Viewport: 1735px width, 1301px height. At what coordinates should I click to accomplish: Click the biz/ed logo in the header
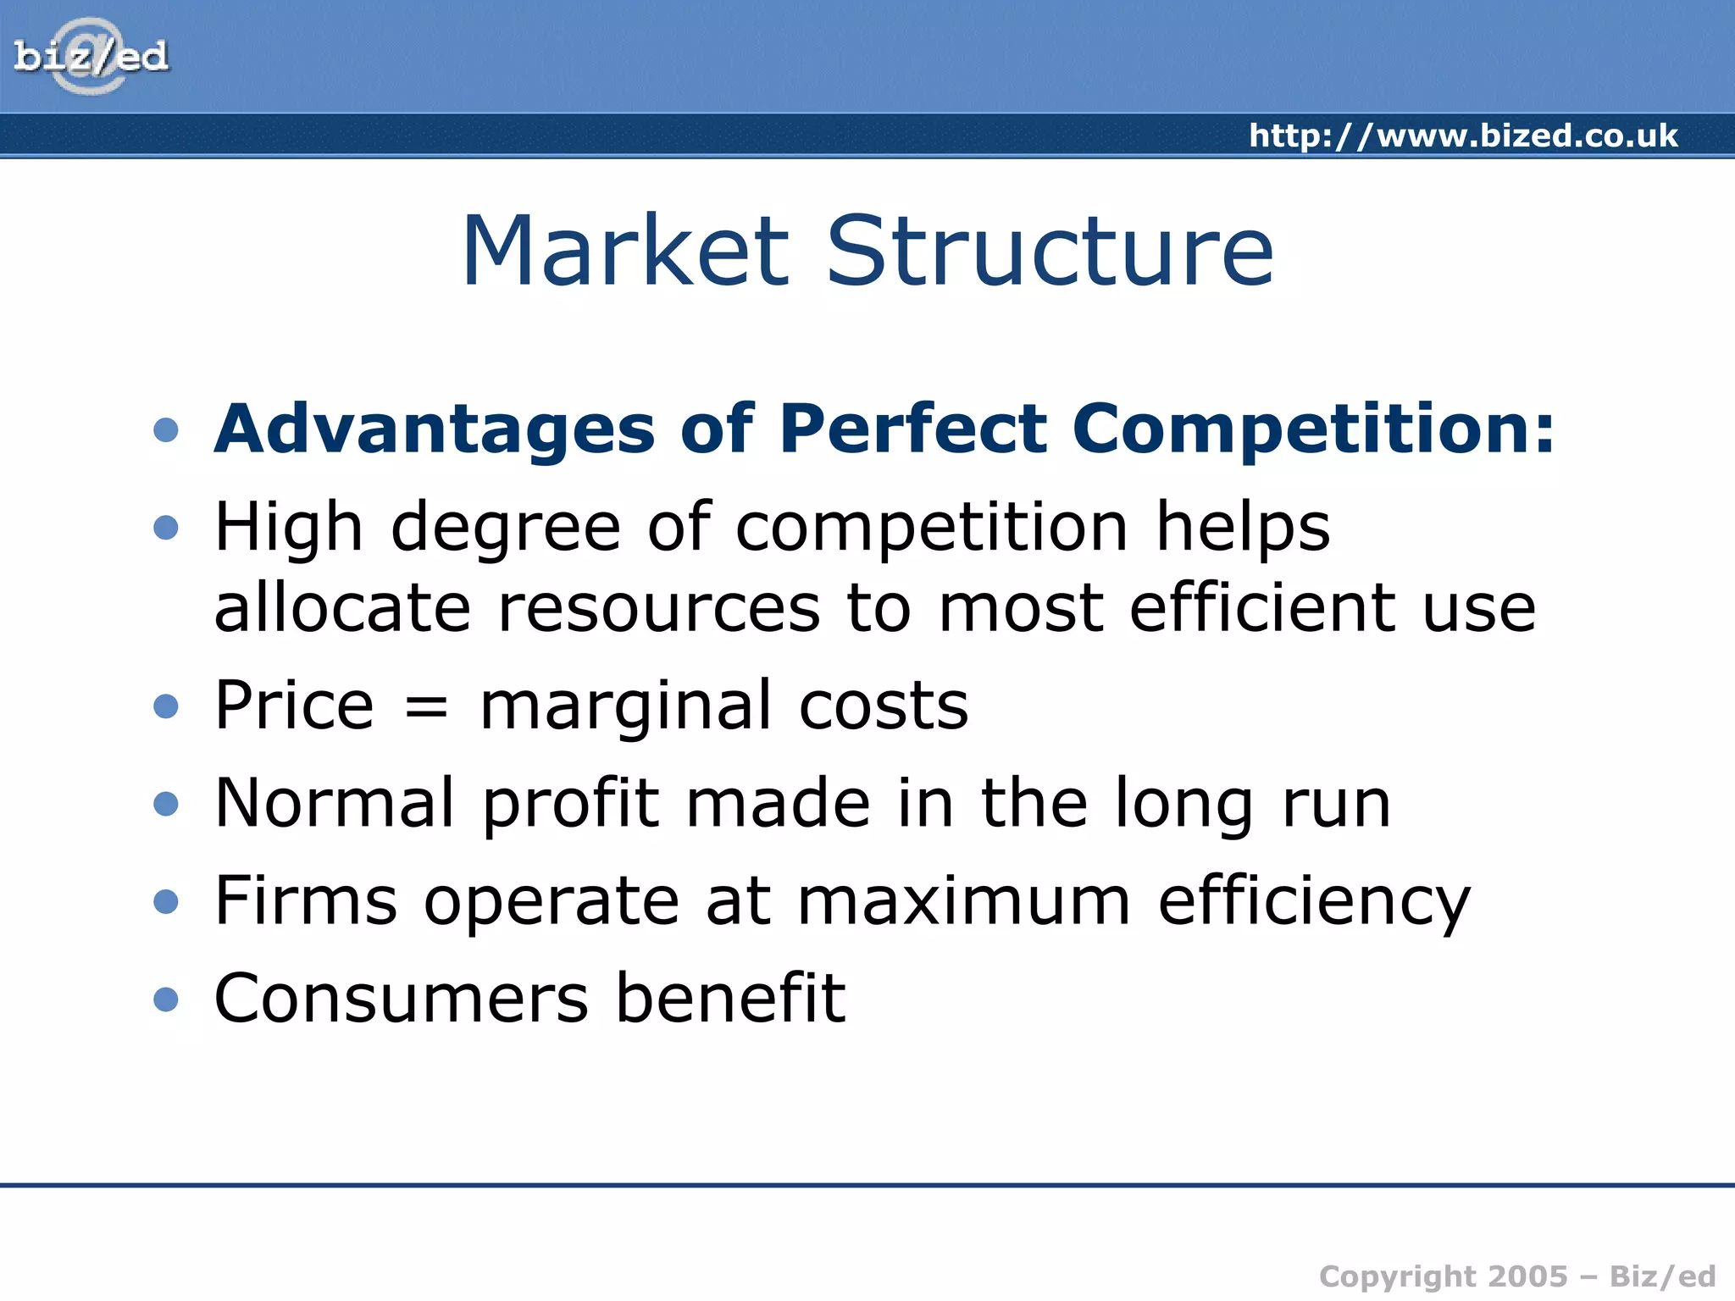point(91,57)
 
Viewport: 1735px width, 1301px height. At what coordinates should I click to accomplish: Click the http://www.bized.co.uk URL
point(1463,136)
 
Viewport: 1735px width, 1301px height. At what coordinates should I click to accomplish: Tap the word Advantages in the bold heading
point(435,429)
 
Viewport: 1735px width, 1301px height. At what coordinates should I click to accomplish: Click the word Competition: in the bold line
point(1313,429)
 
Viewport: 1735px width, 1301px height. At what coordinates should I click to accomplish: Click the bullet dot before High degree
point(166,528)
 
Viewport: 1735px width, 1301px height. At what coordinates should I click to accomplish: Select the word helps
point(1243,528)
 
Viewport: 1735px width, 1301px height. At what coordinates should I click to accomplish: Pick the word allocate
point(342,608)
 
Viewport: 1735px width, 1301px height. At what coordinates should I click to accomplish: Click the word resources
point(659,608)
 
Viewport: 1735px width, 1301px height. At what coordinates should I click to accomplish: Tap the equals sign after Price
point(426,707)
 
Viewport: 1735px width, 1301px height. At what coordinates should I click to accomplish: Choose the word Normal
point(335,803)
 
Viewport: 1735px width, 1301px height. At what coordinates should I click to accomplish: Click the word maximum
point(963,900)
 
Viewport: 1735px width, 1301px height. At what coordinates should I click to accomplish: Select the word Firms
point(306,900)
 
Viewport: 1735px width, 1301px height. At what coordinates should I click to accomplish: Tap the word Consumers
point(401,999)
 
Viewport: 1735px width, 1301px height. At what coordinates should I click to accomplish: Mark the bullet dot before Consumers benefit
point(166,999)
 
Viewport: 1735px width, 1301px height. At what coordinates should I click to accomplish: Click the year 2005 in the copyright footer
point(1527,1276)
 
